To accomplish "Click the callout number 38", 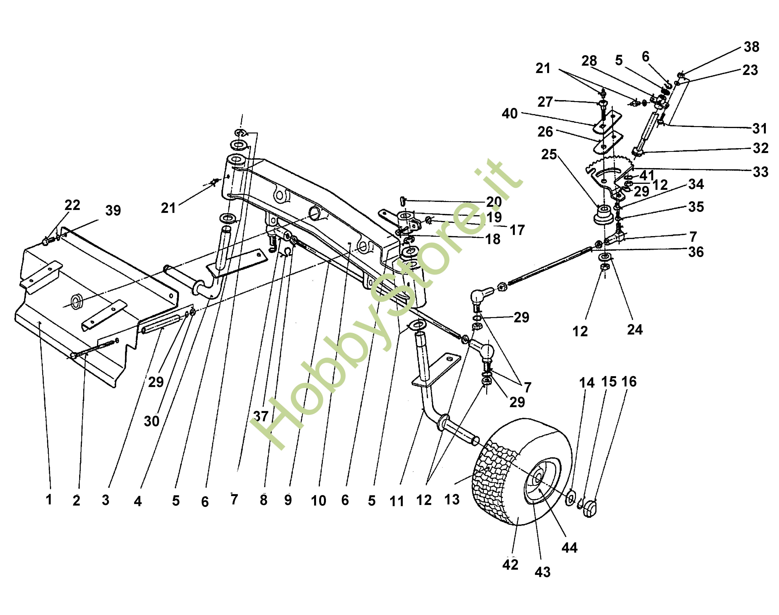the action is [x=752, y=47].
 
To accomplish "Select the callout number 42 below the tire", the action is [x=510, y=565].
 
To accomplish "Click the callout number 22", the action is [x=72, y=205].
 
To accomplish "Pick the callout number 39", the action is [x=113, y=211].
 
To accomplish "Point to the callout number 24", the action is [x=635, y=329].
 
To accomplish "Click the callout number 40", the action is [x=510, y=114].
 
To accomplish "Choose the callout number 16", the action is [x=629, y=382].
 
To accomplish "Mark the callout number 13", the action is [x=452, y=500].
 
